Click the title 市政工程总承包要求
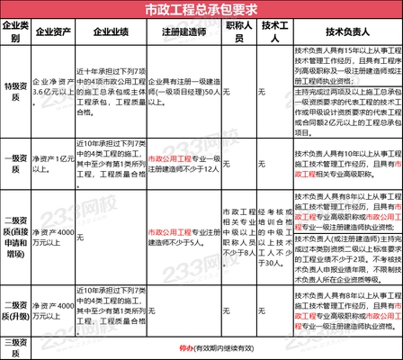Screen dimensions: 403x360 pyautogui.click(x=201, y=10)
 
